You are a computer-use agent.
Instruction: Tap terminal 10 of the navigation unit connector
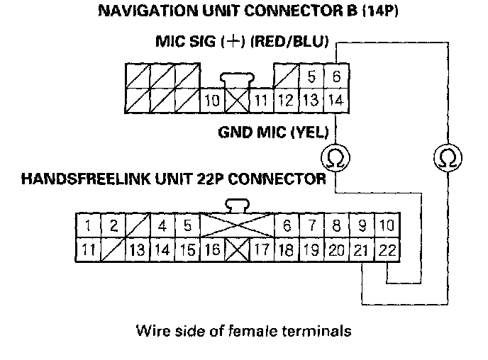212,100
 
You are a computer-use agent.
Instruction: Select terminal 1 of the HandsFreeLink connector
86,227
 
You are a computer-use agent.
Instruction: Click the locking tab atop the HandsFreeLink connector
237,206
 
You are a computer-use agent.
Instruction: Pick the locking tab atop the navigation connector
237,79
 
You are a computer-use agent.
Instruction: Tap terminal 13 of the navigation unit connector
310,100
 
